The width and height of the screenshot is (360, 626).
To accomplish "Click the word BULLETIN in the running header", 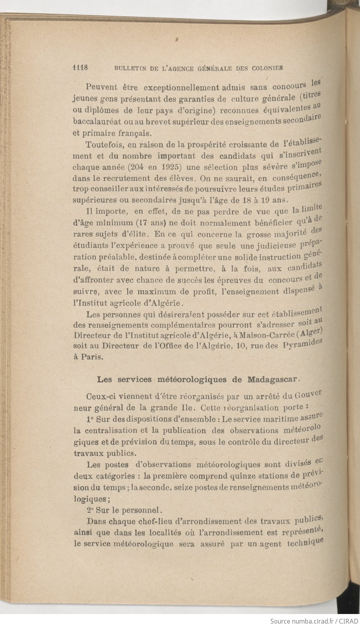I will (x=129, y=68).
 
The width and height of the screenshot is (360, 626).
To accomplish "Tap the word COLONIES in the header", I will (x=268, y=68).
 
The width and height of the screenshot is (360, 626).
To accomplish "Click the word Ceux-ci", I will (x=101, y=397).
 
